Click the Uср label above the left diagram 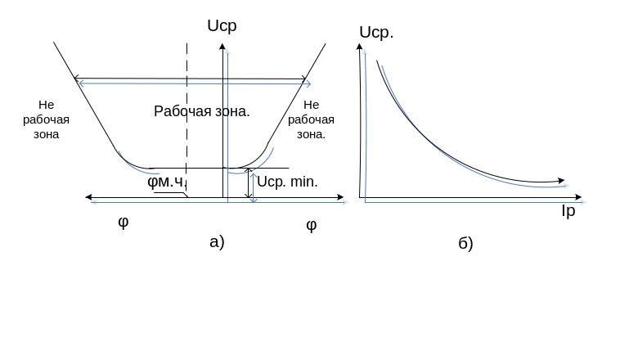point(222,26)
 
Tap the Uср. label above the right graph point(376,33)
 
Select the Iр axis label point(568,211)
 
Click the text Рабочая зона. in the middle point(202,111)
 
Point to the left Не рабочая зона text point(46,119)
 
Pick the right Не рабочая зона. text point(311,119)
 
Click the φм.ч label point(165,182)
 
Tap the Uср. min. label point(287,182)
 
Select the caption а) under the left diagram point(217,242)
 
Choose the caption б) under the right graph point(465,243)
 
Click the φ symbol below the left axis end point(124,222)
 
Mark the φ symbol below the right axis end point(312,225)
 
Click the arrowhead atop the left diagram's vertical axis point(222,46)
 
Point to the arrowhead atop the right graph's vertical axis point(359,46)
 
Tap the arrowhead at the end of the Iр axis point(578,197)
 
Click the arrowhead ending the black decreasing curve point(562,181)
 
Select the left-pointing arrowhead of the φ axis point(88,197)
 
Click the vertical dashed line point(187,120)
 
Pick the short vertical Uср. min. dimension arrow point(249,183)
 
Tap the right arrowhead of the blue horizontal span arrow point(308,84)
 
